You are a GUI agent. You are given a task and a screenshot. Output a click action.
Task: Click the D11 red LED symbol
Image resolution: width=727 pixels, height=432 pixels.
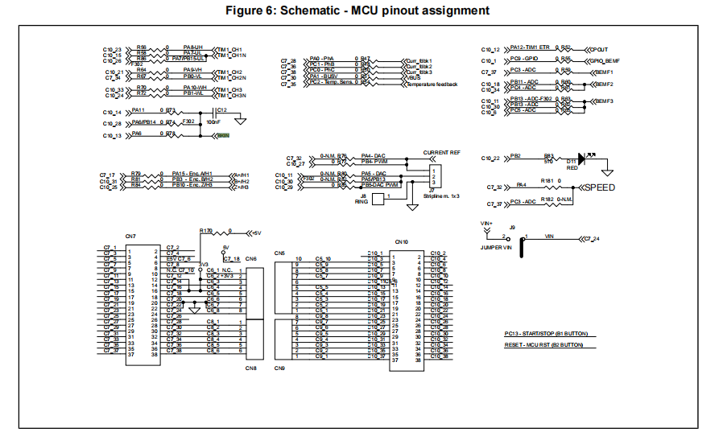click(580, 158)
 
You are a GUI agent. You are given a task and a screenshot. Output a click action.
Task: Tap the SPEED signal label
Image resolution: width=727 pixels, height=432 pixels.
click(600, 187)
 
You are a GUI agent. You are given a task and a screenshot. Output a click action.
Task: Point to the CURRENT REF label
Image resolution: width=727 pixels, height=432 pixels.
click(442, 152)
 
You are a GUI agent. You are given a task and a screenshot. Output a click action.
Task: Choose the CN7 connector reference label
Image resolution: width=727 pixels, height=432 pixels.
click(130, 237)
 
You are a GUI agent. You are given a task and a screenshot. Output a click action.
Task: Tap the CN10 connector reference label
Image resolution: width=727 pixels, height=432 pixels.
click(401, 241)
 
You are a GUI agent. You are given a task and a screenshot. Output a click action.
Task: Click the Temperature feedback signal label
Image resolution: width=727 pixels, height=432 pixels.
click(432, 84)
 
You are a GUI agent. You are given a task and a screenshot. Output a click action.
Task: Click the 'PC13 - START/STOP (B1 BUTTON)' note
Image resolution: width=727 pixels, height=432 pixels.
click(546, 332)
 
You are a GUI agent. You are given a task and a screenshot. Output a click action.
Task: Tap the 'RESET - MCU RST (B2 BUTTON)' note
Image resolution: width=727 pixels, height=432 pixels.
click(543, 345)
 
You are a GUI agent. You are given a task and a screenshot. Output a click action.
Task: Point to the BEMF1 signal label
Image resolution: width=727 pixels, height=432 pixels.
click(604, 72)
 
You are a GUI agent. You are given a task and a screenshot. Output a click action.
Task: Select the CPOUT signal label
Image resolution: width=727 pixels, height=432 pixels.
click(598, 49)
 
